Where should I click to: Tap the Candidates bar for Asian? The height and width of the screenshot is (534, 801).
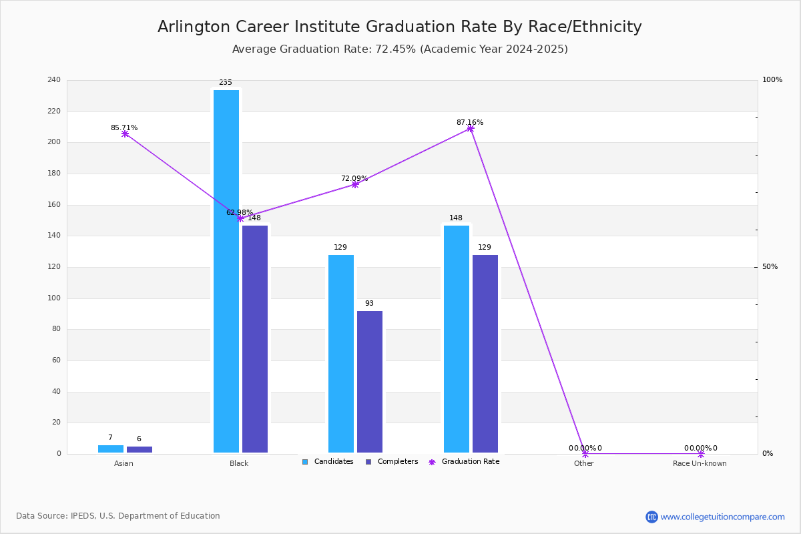pyautogui.click(x=111, y=449)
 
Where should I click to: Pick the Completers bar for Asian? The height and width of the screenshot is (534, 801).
pyautogui.click(x=140, y=449)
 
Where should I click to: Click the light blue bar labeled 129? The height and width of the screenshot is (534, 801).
pyautogui.click(x=341, y=354)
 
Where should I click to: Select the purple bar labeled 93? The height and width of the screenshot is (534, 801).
pyautogui.click(x=370, y=382)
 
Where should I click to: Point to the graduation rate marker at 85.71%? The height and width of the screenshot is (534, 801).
pyautogui.click(x=125, y=134)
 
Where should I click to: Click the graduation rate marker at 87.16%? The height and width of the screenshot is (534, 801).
pyautogui.click(x=471, y=129)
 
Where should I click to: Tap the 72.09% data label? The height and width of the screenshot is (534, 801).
pyautogui.click(x=354, y=179)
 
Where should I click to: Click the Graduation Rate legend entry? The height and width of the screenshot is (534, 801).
pyautogui.click(x=470, y=462)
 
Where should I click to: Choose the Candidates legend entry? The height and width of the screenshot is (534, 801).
pyautogui.click(x=333, y=462)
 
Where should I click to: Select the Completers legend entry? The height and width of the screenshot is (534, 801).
pyautogui.click(x=397, y=462)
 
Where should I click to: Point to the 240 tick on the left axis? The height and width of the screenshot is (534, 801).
pyautogui.click(x=54, y=80)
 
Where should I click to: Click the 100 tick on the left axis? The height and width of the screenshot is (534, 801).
pyautogui.click(x=54, y=298)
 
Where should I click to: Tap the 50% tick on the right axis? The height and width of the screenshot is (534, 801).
pyautogui.click(x=770, y=267)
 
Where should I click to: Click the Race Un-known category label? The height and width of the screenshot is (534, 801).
pyautogui.click(x=700, y=463)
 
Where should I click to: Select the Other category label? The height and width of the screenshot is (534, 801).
pyautogui.click(x=583, y=463)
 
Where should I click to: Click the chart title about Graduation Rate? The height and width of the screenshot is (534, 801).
pyautogui.click(x=400, y=27)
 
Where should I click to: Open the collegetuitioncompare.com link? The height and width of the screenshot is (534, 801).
pyautogui.click(x=722, y=517)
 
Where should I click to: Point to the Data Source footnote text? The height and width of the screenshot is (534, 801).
pyautogui.click(x=118, y=516)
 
